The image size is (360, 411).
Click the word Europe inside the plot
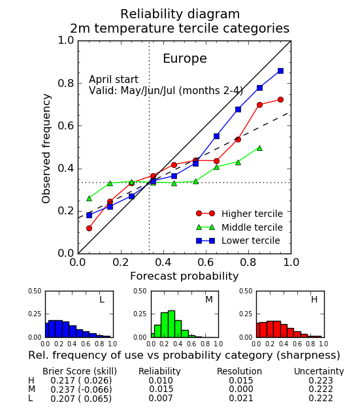[185, 59]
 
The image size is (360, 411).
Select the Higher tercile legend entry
[239, 214]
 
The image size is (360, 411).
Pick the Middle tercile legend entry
[239, 227]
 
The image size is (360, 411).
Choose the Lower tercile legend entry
[238, 240]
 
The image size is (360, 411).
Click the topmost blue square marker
[280, 71]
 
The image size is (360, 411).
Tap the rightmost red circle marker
[280, 99]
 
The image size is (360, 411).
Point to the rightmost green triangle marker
[259, 148]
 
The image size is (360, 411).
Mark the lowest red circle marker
[89, 228]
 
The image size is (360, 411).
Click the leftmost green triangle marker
[89, 198]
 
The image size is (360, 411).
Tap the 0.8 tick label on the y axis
[66, 84]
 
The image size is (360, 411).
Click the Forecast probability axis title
[184, 276]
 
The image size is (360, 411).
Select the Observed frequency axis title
[46, 148]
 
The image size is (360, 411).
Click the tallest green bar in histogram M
[171, 324]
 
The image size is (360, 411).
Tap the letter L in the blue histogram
[102, 299]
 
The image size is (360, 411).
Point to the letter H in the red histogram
[314, 299]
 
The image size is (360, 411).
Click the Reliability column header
[159, 371]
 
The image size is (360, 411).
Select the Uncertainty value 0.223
[321, 380]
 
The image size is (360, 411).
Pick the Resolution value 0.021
[241, 398]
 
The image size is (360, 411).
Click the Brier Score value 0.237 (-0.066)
[81, 389]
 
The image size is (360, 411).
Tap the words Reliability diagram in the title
[180, 14]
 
